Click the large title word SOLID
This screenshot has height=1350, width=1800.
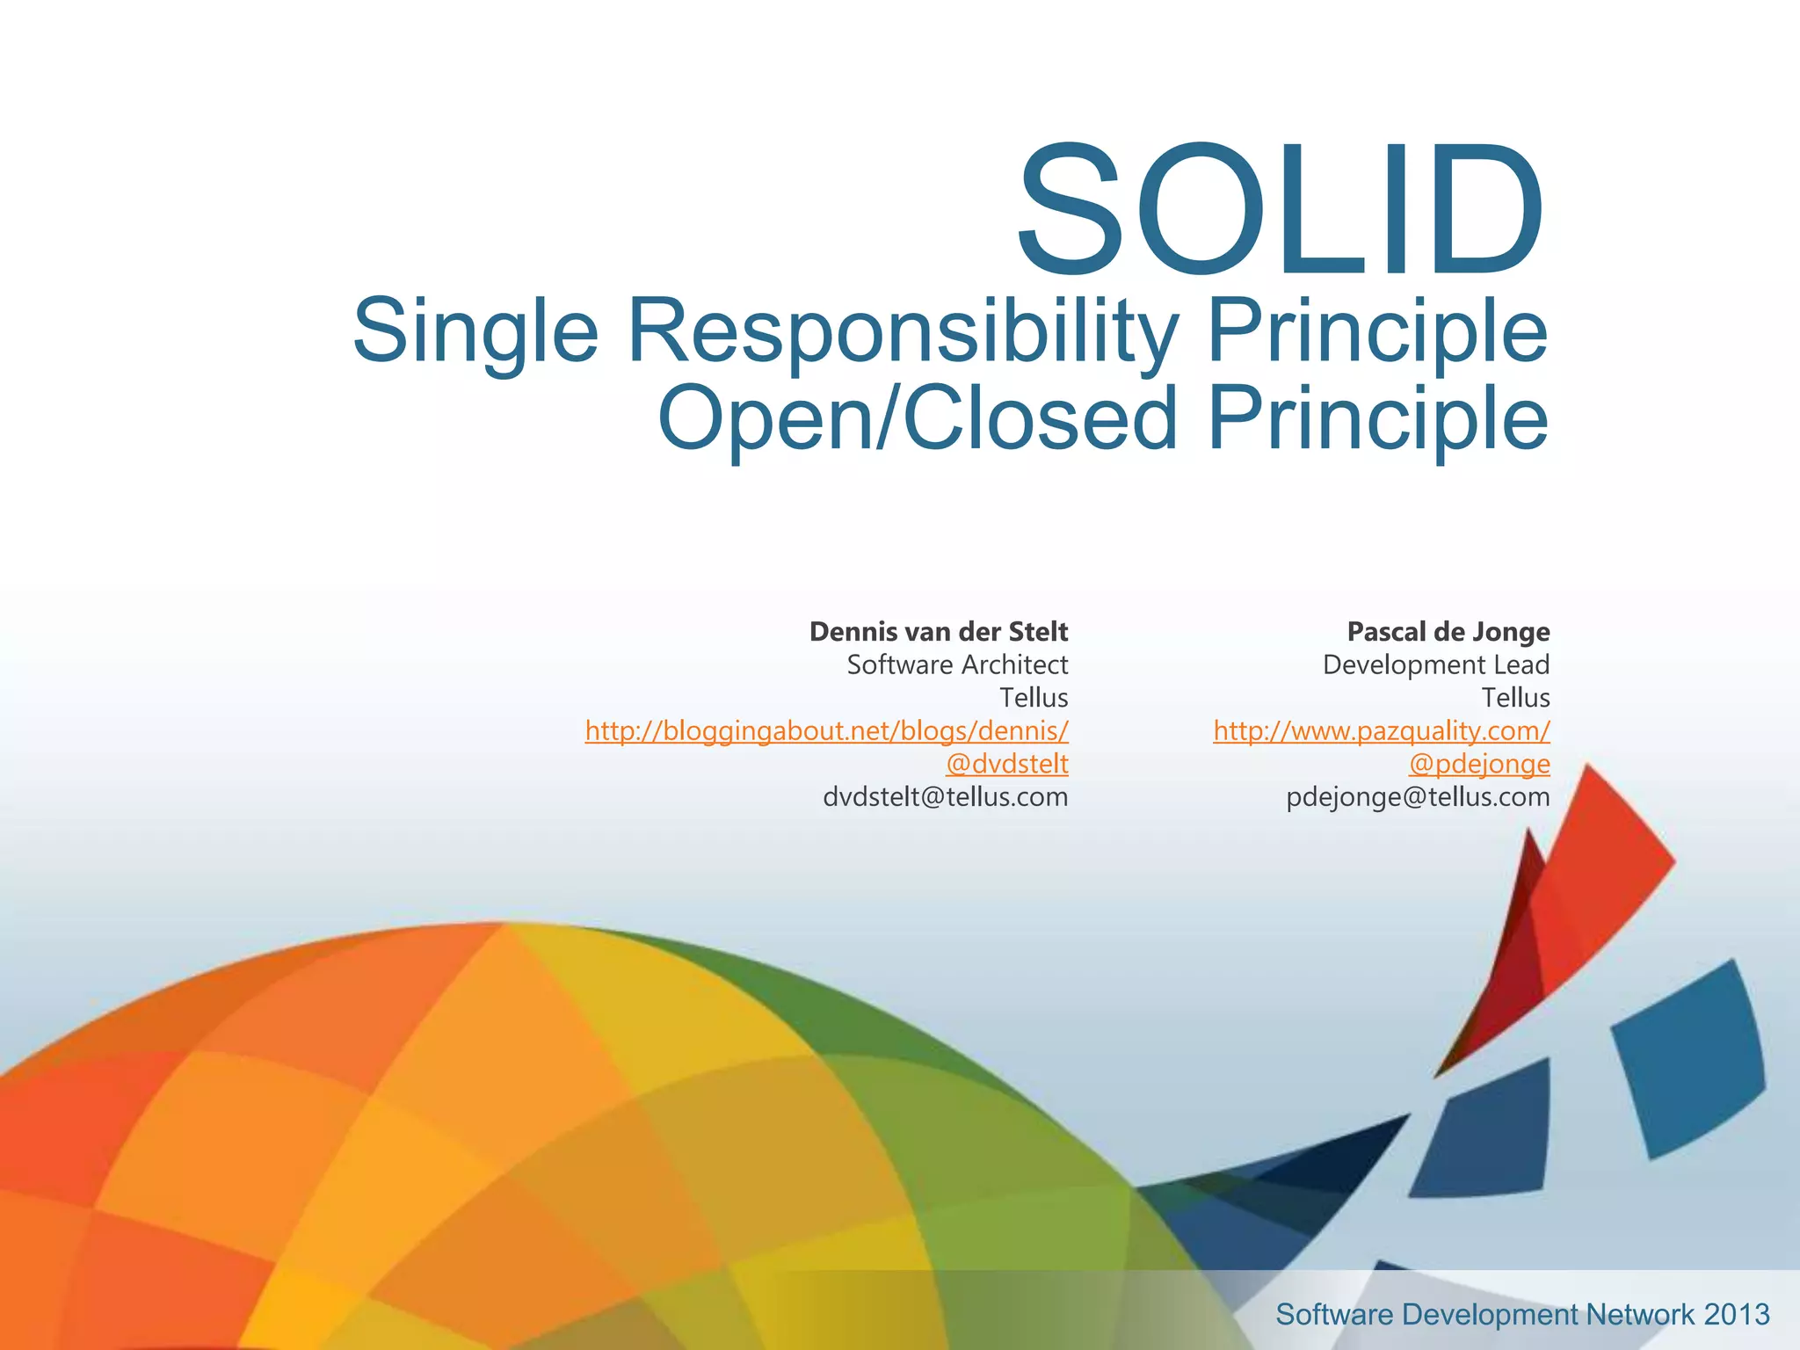(1280, 211)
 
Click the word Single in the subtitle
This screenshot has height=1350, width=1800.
(475, 331)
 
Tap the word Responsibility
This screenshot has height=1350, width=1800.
(902, 331)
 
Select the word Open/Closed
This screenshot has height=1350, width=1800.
(918, 418)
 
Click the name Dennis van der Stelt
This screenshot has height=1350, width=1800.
(938, 632)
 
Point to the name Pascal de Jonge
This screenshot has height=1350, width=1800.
(1448, 632)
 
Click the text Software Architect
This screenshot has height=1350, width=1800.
(957, 664)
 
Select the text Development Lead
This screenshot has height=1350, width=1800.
(1435, 664)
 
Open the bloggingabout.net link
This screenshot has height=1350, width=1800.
(826, 730)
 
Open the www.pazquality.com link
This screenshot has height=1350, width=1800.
(1381, 730)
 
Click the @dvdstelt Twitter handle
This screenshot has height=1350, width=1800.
(1006, 764)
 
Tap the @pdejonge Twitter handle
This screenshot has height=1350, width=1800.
(1478, 764)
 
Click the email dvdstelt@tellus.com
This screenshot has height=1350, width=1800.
(945, 797)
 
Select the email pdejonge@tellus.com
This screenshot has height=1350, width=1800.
(1418, 797)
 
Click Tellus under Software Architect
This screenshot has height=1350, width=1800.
(1034, 698)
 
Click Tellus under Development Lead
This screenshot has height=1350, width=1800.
(1515, 698)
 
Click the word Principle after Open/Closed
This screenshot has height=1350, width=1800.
(1377, 418)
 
